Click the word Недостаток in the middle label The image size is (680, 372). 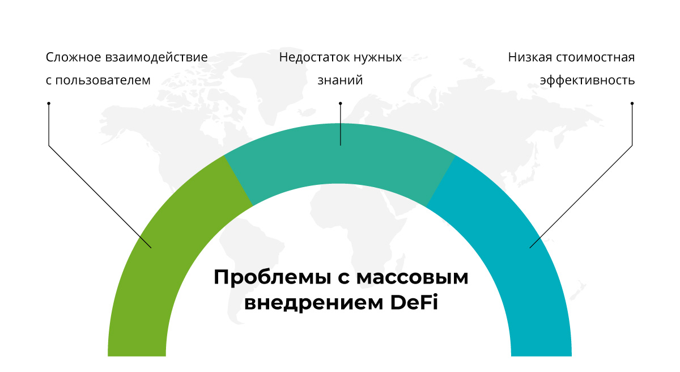(x=314, y=58)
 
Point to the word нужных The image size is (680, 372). (x=378, y=58)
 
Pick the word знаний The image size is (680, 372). (x=340, y=80)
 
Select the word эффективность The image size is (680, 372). (x=587, y=80)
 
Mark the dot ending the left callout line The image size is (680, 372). (x=49, y=103)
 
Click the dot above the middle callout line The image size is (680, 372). (x=340, y=103)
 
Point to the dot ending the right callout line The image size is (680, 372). (x=632, y=103)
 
